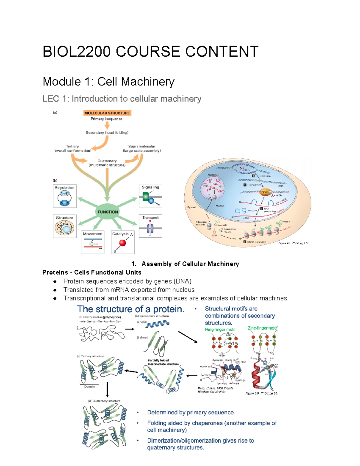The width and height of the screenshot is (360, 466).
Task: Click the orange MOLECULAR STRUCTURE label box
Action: coord(107,113)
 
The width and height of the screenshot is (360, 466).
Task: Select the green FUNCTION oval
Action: coord(108,212)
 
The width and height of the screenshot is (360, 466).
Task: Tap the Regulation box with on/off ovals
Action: coord(64,196)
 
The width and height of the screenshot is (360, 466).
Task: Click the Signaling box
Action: coord(150,196)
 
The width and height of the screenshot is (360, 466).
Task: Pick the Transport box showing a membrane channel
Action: coord(150,226)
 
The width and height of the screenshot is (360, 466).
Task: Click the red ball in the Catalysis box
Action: coord(123,243)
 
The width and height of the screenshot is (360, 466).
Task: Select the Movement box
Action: coord(92,242)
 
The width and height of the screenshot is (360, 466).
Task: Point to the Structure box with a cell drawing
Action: coord(64,226)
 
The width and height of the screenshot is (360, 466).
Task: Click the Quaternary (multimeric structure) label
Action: coord(107,163)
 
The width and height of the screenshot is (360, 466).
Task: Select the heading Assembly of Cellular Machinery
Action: coord(190,264)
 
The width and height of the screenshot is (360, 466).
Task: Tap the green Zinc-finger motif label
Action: coord(262,328)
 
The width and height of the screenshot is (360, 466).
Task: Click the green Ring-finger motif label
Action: coord(220,329)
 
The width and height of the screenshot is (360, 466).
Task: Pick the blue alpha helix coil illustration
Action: coord(157,324)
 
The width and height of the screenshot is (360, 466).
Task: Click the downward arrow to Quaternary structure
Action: coord(107,389)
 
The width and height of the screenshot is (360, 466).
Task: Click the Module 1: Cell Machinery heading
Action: coord(109,82)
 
